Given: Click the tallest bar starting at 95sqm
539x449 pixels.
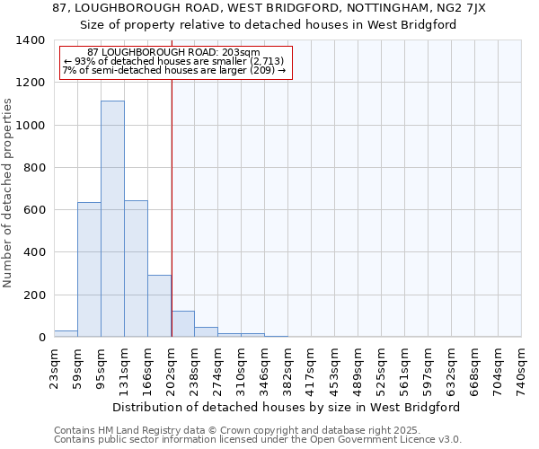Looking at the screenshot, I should tap(112, 219).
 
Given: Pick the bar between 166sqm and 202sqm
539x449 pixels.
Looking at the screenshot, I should tap(159, 306).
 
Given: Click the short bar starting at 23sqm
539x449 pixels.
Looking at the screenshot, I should tap(66, 333).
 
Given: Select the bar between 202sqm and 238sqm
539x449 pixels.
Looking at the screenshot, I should tap(182, 324).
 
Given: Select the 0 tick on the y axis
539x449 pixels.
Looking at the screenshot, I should tap(41, 338).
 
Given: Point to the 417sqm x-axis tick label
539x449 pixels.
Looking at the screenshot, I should tap(311, 368).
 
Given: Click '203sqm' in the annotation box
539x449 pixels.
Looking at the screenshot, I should tap(242, 52).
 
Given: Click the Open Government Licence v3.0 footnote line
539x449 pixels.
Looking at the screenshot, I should tap(257, 440).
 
